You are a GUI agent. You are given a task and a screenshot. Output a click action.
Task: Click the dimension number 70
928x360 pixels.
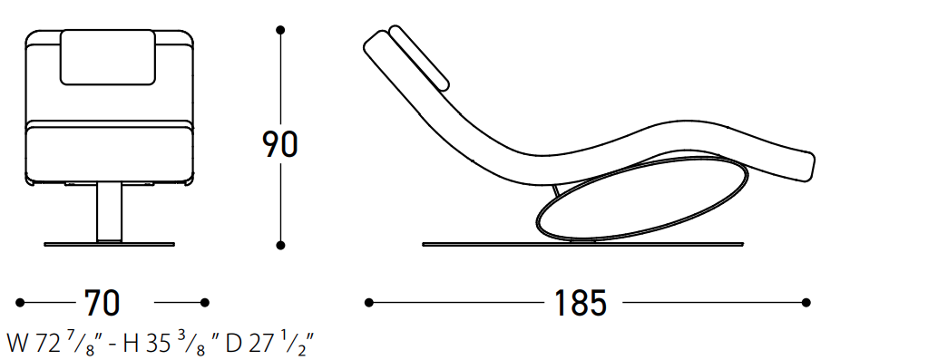[103, 303]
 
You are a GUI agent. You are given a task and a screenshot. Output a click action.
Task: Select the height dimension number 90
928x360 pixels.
[280, 145]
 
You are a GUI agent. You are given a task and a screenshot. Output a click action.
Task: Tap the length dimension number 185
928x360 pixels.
[581, 303]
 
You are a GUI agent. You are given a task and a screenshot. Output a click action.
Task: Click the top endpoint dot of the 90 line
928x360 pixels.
[280, 30]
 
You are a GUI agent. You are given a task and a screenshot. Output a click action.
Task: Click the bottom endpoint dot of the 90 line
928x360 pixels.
[280, 245]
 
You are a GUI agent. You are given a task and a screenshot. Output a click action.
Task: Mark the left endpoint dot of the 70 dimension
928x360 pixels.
[20, 303]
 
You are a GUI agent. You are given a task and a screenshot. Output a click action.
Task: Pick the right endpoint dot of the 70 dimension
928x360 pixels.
[205, 303]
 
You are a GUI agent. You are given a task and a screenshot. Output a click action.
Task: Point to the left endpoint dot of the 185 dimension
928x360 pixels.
[368, 303]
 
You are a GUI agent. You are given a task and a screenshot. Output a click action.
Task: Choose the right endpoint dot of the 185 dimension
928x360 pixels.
[806, 303]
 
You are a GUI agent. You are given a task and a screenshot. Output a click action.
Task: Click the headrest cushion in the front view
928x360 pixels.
[109, 57]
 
